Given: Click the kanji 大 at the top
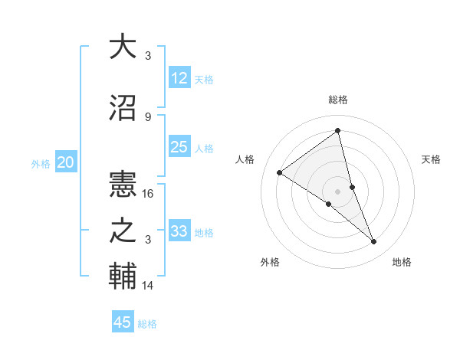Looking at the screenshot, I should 123,47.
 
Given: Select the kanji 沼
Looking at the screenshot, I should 123,108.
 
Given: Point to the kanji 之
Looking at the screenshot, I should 123,231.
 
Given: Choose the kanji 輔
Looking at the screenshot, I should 123,277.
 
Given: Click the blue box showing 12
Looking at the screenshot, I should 179,78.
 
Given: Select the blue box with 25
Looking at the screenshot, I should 179,147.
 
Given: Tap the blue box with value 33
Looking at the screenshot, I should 179,231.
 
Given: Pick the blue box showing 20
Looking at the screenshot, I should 66,162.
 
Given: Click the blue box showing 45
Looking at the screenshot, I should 123,322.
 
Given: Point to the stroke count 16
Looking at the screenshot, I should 149,194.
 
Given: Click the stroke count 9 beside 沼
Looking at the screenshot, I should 148,117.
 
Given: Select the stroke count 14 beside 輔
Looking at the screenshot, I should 149,286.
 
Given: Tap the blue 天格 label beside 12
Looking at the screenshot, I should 204,80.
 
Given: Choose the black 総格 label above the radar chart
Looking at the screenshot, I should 337,100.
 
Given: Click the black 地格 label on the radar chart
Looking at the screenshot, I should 402,262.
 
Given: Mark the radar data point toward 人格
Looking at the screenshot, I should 280,172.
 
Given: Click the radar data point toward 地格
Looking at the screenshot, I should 374,241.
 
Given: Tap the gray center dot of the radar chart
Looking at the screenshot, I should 337,191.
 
